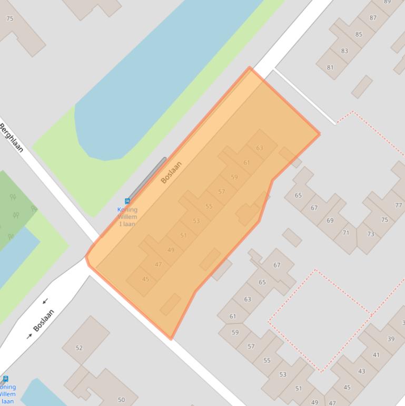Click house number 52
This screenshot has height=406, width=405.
(x=80, y=348)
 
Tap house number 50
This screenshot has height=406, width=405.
(x=121, y=400)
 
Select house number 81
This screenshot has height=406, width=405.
(x=330, y=67)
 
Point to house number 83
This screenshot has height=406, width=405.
(x=344, y=51)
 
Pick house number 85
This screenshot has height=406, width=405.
(x=359, y=35)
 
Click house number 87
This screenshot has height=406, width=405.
(x=373, y=18)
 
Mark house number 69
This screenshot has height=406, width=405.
(x=330, y=220)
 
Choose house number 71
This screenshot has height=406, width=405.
(x=346, y=233)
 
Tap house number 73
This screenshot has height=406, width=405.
(x=371, y=234)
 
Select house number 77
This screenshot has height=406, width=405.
(x=399, y=206)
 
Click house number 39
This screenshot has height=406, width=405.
(x=391, y=339)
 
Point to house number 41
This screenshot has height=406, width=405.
(x=376, y=355)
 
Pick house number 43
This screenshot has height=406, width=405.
(x=362, y=371)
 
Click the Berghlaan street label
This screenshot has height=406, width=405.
(x=11, y=138)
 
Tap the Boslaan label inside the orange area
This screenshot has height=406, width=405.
(x=171, y=172)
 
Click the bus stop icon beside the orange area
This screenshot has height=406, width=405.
(x=127, y=201)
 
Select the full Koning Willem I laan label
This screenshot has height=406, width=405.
(x=127, y=217)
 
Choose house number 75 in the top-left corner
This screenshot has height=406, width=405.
(x=10, y=19)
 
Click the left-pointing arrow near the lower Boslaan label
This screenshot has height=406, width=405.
(x=45, y=301)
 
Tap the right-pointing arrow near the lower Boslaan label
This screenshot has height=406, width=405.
(x=29, y=336)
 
